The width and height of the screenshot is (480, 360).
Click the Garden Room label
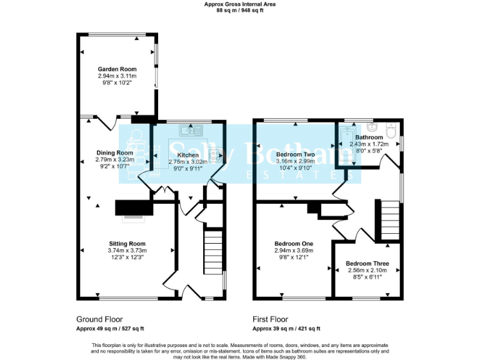click(117, 69)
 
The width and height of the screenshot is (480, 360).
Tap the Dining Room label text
click(114, 152)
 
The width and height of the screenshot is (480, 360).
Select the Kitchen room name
click(188, 155)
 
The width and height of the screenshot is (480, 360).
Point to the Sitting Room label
click(127, 244)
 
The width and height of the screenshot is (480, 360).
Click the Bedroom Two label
click(295, 154)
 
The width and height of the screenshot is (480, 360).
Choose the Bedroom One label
click(294, 244)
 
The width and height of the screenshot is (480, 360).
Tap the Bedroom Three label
click(367, 264)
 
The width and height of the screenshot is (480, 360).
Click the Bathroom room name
click(369, 137)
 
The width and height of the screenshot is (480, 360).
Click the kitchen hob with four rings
click(216, 154)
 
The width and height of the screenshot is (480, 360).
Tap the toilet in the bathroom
click(391, 131)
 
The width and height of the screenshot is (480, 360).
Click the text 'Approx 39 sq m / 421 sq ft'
click(286, 329)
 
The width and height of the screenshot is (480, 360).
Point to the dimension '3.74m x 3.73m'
click(127, 251)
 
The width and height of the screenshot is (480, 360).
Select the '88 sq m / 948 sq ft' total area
click(239, 11)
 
